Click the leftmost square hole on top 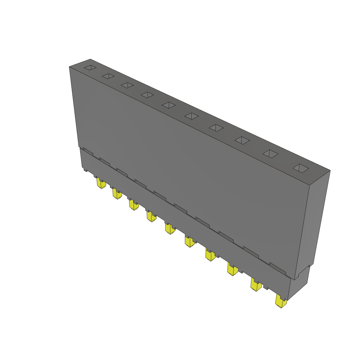coord(90,67)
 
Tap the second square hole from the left coord(108,76)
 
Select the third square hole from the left coord(127,85)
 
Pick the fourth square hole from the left coord(147,95)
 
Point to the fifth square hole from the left coord(169,105)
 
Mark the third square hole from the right coord(242,140)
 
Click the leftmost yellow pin coord(101,184)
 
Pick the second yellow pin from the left coord(117,194)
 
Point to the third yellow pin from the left coord(133,205)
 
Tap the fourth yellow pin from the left coord(151,217)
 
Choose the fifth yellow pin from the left coord(170,229)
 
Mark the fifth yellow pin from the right coord(189,242)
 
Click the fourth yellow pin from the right coord(210,256)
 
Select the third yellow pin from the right coord(232,270)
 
